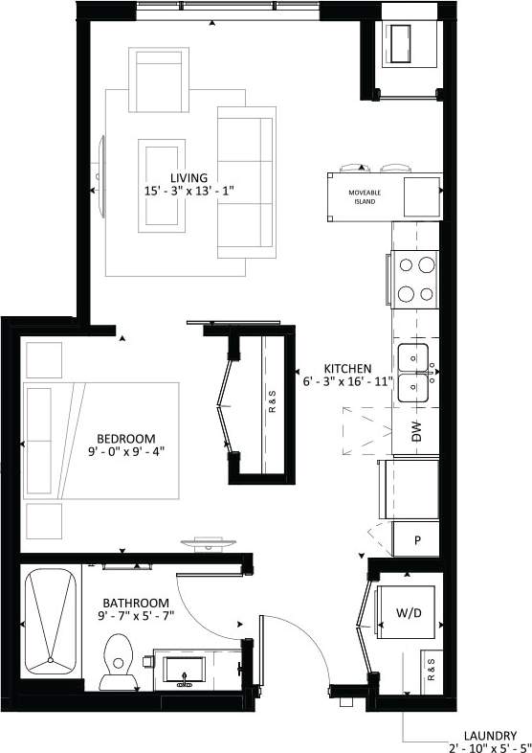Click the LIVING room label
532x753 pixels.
(x=188, y=178)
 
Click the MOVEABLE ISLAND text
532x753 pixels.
(x=366, y=196)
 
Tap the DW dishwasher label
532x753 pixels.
(x=416, y=433)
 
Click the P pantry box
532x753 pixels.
(x=418, y=540)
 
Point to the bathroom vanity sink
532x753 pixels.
(x=183, y=670)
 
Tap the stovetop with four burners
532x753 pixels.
(x=414, y=279)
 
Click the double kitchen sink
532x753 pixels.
(x=413, y=372)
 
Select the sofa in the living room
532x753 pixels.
(x=246, y=182)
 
